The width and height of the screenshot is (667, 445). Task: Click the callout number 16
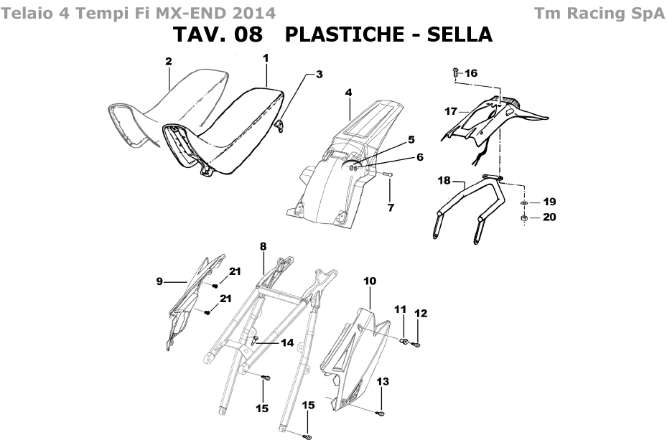471,73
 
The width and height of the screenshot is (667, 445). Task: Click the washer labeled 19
524,202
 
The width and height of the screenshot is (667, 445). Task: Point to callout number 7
391,207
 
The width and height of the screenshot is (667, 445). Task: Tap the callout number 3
319,75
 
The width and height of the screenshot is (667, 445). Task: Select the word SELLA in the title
460,34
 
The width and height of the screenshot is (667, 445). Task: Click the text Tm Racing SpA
599,14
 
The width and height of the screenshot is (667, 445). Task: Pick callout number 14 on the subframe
288,342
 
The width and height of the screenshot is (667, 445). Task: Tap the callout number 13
383,382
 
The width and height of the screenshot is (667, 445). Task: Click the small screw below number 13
381,413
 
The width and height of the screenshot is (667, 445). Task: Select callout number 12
421,314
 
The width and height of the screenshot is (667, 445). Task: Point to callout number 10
370,281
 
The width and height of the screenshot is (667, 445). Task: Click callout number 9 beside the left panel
159,281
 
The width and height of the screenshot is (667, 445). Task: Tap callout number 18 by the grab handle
444,180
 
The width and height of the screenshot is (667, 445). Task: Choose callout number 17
451,111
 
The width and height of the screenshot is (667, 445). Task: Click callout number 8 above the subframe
263,246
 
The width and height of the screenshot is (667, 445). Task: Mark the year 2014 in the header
254,14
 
